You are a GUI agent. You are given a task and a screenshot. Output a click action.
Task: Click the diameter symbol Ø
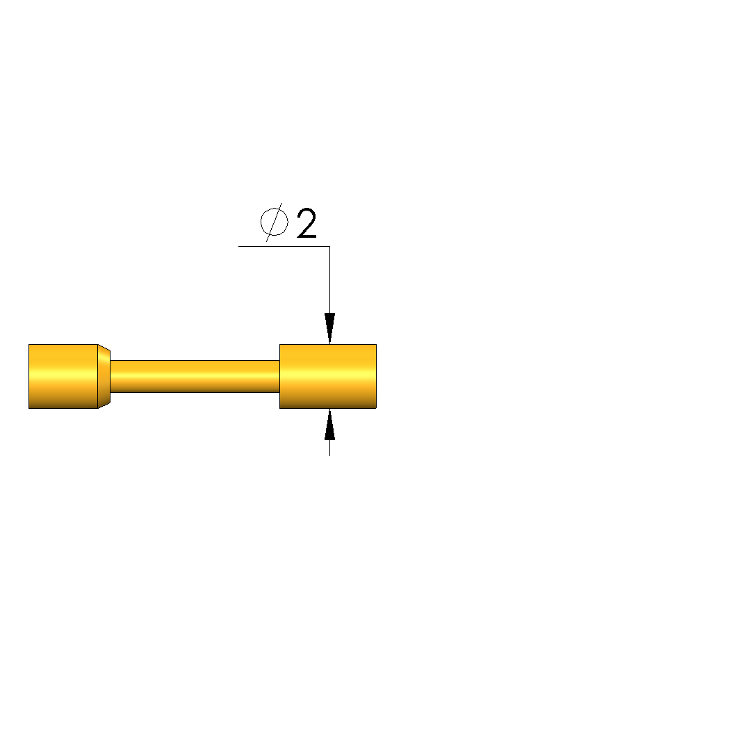coord(275,222)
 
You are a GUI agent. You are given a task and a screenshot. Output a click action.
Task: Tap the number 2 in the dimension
coord(306,222)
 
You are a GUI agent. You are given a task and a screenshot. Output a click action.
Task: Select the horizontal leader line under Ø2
coord(284,246)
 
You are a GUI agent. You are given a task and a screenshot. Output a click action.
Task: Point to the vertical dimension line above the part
coord(329,280)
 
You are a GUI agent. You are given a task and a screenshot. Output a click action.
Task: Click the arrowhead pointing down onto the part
coord(329,328)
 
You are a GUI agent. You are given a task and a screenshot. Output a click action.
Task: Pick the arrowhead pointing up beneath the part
coord(329,424)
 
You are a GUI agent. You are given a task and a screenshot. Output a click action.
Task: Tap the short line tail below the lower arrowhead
coord(329,448)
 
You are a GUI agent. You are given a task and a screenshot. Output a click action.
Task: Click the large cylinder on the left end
coord(63,377)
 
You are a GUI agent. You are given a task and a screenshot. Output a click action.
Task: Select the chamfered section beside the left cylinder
coord(104,377)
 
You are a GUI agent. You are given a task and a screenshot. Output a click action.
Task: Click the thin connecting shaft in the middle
coord(195,377)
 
